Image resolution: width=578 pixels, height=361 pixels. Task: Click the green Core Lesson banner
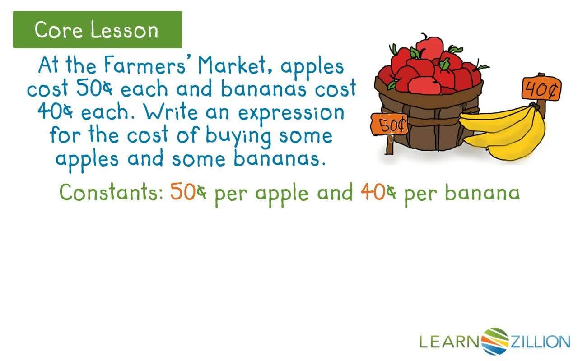click(98, 29)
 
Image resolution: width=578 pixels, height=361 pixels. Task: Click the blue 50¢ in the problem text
click(94, 88)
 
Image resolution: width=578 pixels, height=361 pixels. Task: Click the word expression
click(291, 114)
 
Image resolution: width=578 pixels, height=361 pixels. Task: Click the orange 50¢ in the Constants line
click(188, 191)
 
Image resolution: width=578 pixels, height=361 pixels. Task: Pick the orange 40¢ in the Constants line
click(378, 192)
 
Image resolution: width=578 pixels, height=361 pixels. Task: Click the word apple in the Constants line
click(282, 194)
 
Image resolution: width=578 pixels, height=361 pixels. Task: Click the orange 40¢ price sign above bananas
click(541, 88)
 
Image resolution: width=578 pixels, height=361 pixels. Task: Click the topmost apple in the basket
click(429, 48)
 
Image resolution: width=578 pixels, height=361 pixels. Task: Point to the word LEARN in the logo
click(449, 341)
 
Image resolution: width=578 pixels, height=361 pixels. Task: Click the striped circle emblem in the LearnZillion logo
click(494, 341)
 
